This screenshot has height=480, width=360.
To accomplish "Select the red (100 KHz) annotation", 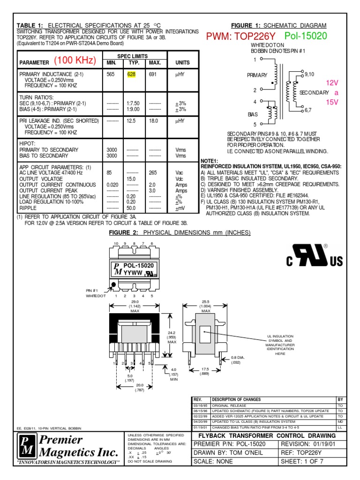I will (x=75, y=60).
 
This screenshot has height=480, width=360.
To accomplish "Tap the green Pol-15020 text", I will (x=306, y=37).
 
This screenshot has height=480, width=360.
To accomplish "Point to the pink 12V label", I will (x=332, y=82).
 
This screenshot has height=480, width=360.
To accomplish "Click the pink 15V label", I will (x=332, y=102).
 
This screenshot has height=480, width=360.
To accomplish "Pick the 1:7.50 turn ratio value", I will (x=133, y=103).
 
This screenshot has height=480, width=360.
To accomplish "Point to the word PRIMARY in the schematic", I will (x=257, y=75).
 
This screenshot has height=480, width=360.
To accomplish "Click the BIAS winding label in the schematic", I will (x=253, y=114).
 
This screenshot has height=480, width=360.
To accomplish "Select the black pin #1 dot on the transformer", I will (x=113, y=285).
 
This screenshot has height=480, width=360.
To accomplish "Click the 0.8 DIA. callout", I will (x=239, y=358).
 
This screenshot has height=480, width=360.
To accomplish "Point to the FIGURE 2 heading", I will (x=180, y=233).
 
